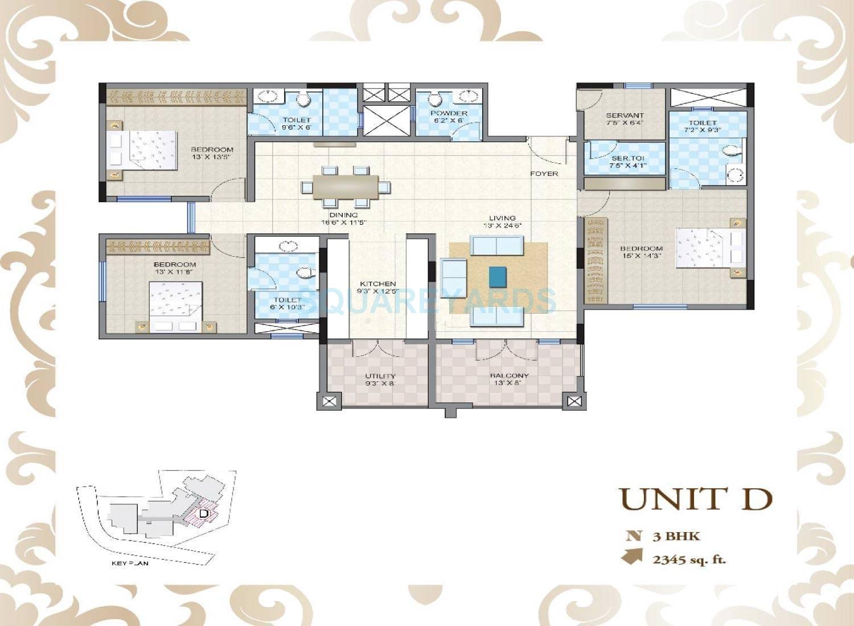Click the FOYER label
click(544, 174)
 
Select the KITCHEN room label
click(377, 283)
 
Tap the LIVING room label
click(502, 218)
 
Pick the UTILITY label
click(380, 376)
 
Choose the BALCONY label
click(510, 376)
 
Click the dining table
click(345, 187)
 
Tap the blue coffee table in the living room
click(497, 277)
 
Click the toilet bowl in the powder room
click(436, 100)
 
